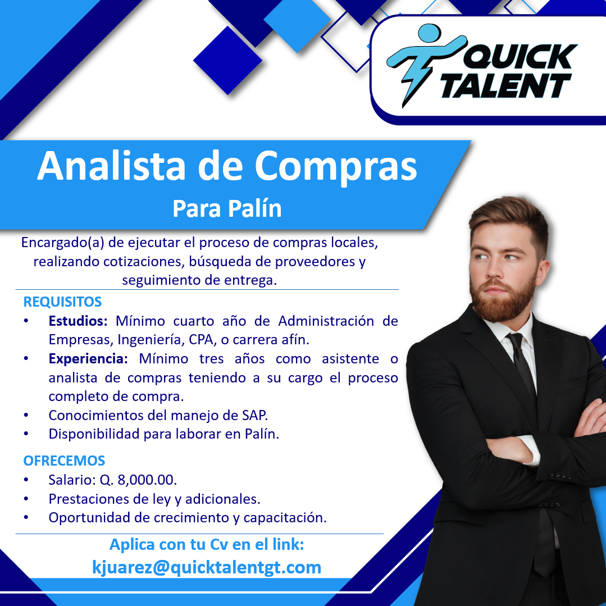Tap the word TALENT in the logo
[x=506, y=85]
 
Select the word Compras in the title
[x=335, y=166]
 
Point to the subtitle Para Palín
[x=227, y=209]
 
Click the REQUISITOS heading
[x=62, y=302]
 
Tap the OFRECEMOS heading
[x=64, y=461]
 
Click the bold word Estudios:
[x=78, y=321]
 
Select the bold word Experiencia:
[x=88, y=359]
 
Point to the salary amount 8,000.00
[x=147, y=480]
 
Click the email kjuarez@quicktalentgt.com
[x=207, y=567]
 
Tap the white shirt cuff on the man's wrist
[x=530, y=450]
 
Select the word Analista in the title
[x=112, y=166]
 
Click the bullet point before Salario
[x=26, y=480]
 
